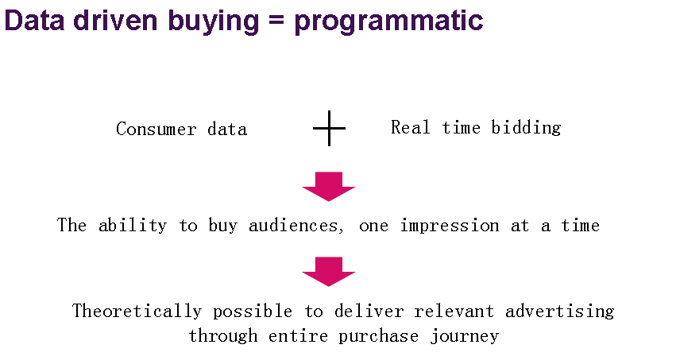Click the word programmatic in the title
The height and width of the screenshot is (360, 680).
(388, 21)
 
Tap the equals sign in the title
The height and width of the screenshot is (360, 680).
(276, 20)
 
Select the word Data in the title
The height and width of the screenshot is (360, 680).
(34, 20)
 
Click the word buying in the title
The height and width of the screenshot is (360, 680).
(214, 21)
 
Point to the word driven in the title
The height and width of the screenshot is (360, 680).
(115, 20)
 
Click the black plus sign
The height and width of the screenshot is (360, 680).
(329, 129)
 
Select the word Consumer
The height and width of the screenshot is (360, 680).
(156, 130)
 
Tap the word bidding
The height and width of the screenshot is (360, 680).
(526, 128)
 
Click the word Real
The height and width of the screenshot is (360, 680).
(411, 127)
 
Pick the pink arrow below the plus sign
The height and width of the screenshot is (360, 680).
(329, 187)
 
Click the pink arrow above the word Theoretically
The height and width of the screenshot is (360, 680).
(329, 272)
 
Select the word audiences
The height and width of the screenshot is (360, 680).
(296, 226)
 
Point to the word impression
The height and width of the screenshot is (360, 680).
(450, 226)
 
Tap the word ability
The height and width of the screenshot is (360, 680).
(133, 226)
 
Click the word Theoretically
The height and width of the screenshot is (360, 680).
(137, 312)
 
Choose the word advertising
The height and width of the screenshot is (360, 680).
(560, 312)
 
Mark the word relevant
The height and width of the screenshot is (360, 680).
(454, 312)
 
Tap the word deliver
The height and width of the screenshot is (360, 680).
(369, 312)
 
